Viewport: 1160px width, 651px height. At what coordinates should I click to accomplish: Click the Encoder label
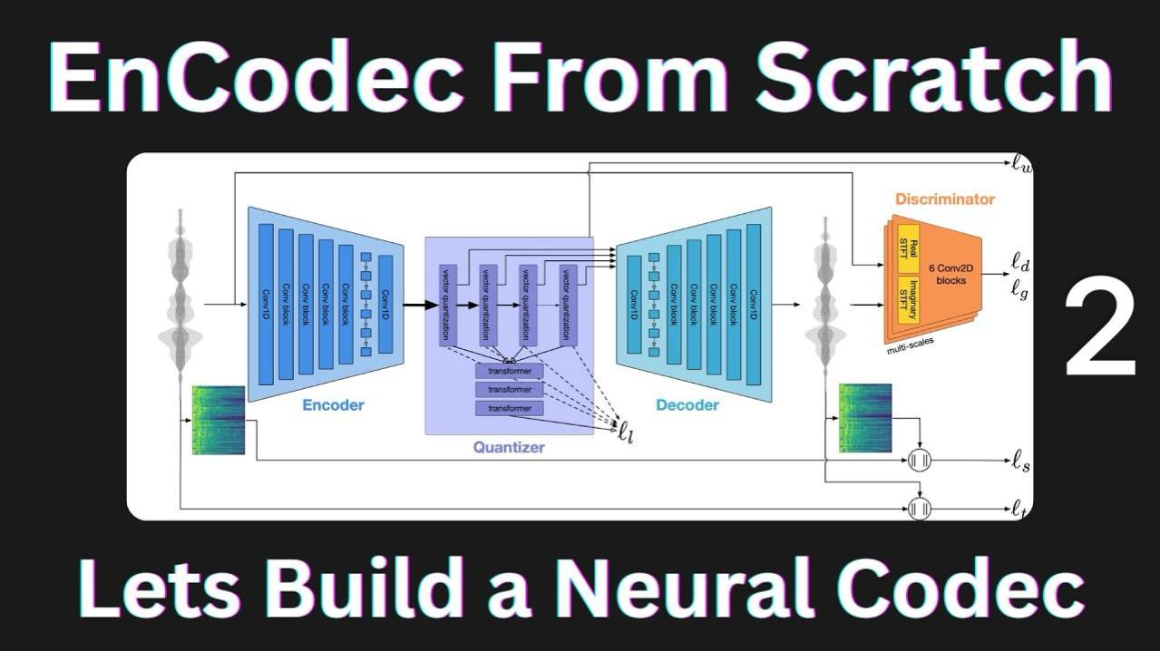333,404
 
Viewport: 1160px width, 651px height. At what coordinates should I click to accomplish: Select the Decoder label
687,404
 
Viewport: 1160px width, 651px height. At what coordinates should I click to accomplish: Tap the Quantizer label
509,447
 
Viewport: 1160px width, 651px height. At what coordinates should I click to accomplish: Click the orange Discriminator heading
944,199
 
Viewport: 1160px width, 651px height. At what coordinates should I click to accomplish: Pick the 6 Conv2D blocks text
947,274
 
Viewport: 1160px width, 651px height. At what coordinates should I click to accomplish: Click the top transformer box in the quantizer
509,371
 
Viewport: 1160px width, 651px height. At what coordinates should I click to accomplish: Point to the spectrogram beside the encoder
219,420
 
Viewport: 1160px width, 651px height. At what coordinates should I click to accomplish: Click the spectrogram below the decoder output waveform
865,418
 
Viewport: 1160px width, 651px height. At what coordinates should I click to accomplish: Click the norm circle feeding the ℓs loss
920,462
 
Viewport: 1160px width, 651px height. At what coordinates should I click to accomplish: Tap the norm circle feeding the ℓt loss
920,509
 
